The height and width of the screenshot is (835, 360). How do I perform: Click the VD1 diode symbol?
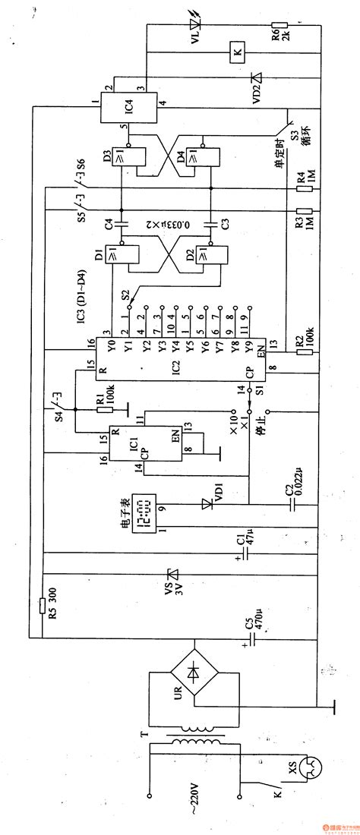tap(205, 503)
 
